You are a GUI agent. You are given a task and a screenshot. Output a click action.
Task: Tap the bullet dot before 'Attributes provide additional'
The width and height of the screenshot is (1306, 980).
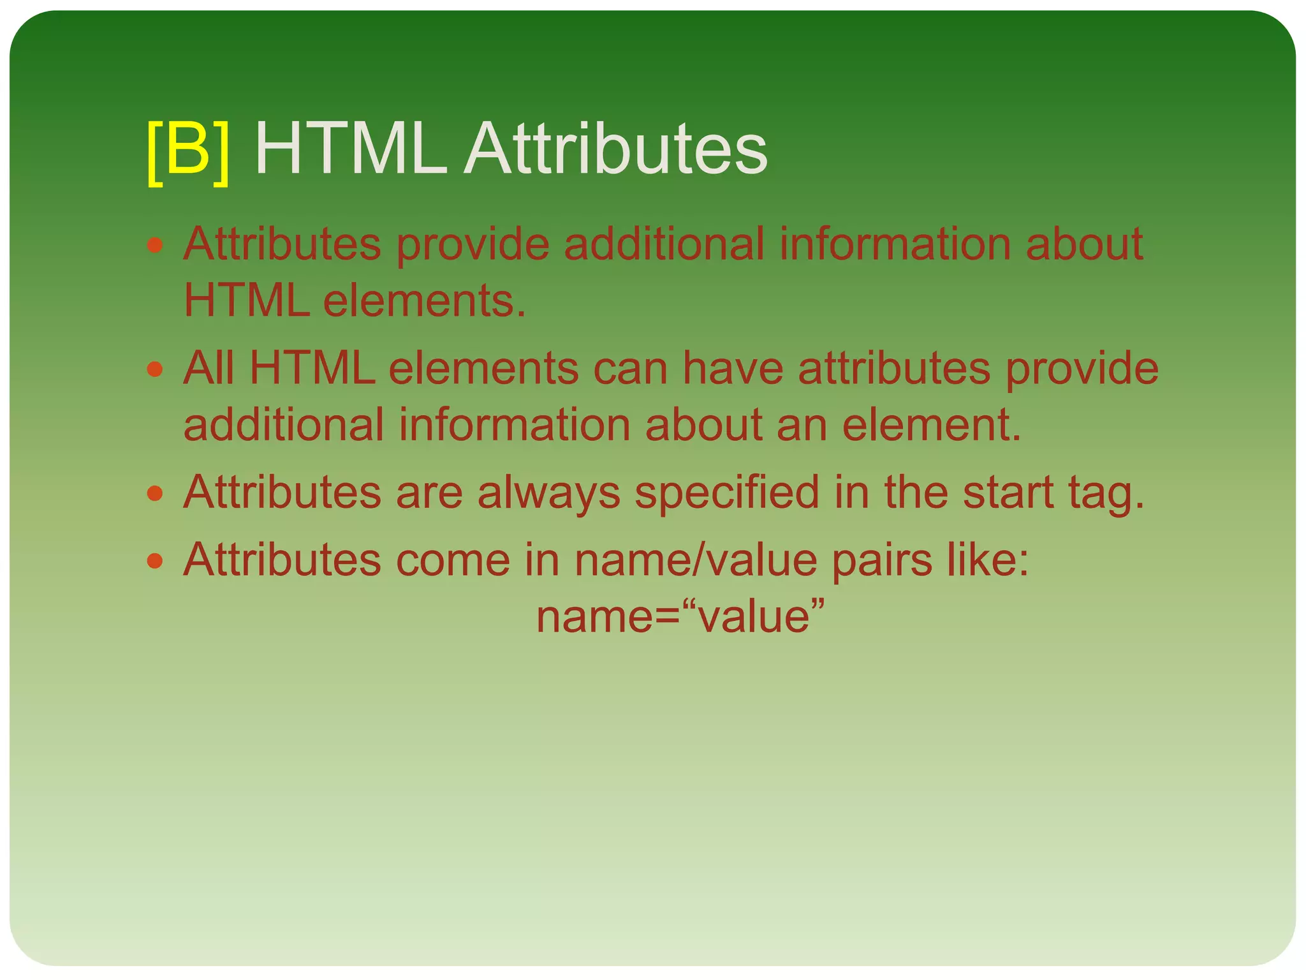pos(155,245)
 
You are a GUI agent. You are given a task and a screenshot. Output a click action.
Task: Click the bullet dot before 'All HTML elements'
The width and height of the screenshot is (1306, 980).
pos(155,369)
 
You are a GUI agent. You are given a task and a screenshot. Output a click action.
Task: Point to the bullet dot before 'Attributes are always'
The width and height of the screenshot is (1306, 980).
pos(155,493)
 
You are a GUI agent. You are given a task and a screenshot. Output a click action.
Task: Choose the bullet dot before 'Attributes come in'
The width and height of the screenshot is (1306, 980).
pos(155,561)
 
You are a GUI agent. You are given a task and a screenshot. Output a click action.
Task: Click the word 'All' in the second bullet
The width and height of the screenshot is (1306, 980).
pos(209,368)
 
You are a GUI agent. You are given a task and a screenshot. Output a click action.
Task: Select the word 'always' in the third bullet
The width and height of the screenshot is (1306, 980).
pos(548,494)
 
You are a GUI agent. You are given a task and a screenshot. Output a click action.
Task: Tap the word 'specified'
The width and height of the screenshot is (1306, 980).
pos(727,494)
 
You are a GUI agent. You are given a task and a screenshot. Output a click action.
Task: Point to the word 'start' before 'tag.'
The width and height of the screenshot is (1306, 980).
pos(1008,493)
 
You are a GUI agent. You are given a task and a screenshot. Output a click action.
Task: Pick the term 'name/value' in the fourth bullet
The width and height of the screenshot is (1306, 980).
pos(696,560)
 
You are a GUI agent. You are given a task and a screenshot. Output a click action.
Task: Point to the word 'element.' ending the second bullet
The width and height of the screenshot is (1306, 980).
pos(932,425)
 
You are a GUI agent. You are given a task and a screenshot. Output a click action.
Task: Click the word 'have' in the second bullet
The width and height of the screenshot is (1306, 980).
pos(733,368)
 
